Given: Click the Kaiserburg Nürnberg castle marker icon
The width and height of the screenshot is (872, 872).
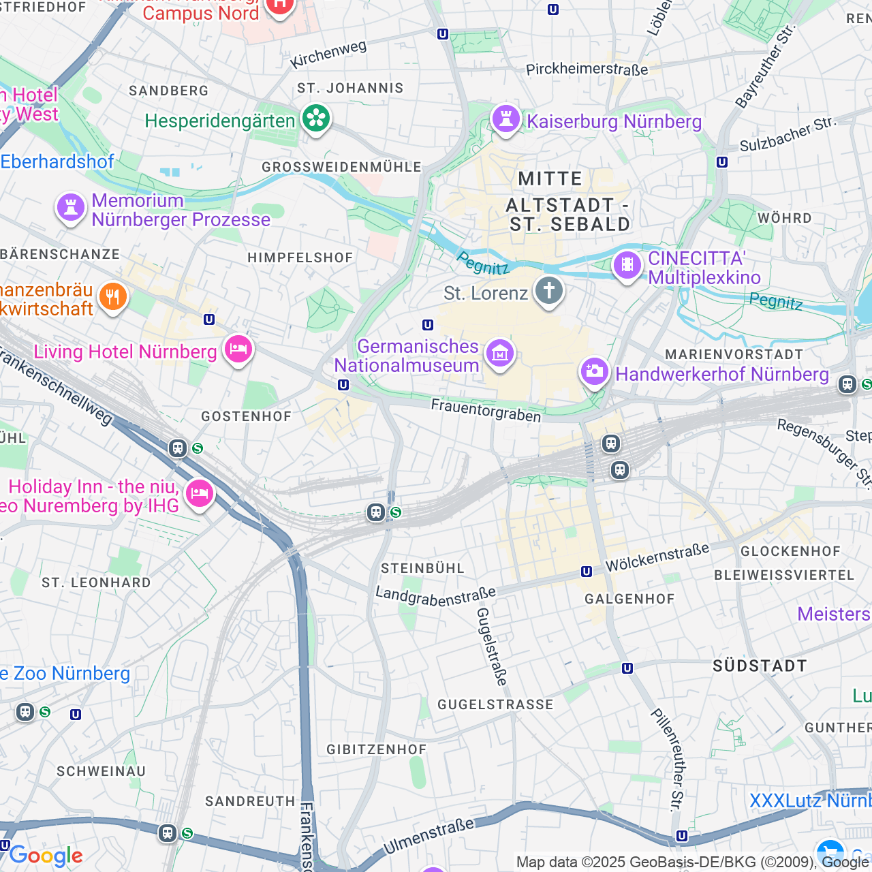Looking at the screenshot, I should coord(505,119).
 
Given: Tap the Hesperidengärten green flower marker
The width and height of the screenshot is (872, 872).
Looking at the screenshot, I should coord(315,119).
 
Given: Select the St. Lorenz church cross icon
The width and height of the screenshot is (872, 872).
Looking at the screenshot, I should coord(548,291).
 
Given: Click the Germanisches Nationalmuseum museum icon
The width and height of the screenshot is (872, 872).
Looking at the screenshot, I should coord(499,354).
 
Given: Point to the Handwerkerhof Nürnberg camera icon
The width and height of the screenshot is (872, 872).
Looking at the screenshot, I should coord(594,371).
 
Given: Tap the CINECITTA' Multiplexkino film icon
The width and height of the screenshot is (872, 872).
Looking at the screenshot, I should coord(627,265).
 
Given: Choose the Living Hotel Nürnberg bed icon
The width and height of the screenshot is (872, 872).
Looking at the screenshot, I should coord(238,349).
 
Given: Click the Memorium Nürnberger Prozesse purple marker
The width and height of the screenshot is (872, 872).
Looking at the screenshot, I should coord(71,207).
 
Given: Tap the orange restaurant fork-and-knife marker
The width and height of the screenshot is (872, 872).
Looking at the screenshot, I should coord(113,297).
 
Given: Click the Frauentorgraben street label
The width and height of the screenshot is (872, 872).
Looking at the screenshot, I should coord(486,410).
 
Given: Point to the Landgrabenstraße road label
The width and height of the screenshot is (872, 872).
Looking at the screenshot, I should coord(435,596).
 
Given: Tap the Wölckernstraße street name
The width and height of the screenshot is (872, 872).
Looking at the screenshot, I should coord(657,558).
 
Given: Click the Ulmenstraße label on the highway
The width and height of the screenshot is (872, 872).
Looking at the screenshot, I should coord(429,837).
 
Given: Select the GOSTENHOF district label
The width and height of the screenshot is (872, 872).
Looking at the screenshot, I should coord(247,416).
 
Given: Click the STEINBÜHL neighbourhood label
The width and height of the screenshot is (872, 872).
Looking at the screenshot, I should coord(422,568).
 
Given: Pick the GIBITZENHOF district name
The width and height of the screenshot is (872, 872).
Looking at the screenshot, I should coord(376,749).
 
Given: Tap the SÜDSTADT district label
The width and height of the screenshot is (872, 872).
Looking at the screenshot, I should coord(760,666).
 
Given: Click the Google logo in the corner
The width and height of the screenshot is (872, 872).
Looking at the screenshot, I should coord(46,856).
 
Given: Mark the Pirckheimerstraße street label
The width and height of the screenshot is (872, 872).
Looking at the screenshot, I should coord(587,69).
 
